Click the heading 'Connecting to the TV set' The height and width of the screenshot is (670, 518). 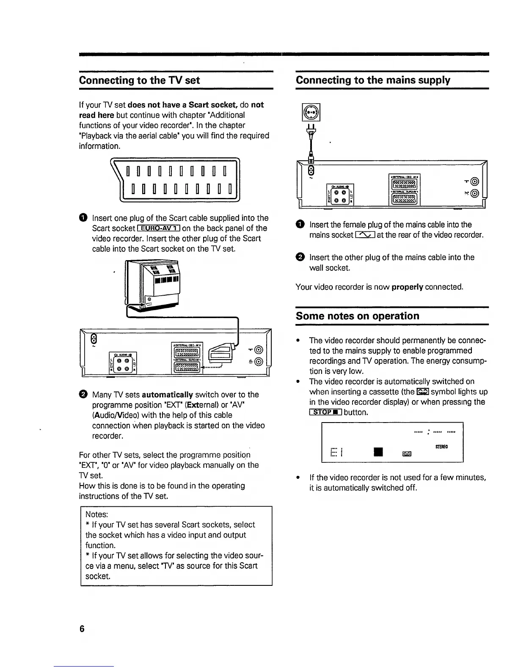pyautogui.click(x=139, y=80)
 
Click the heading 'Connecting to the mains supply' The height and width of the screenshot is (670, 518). pyautogui.click(x=373, y=80)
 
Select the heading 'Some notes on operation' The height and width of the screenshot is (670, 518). pyautogui.click(x=357, y=316)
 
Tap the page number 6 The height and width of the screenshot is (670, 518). pyautogui.click(x=82, y=629)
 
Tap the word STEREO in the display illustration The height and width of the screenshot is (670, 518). pyautogui.click(x=441, y=446)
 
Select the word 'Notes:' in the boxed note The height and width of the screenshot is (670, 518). pyautogui.click(x=97, y=514)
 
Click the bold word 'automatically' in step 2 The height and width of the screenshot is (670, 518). pyautogui.click(x=168, y=395)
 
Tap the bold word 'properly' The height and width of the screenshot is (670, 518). pyautogui.click(x=407, y=287)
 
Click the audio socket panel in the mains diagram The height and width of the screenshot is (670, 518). pyautogui.click(x=340, y=195)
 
